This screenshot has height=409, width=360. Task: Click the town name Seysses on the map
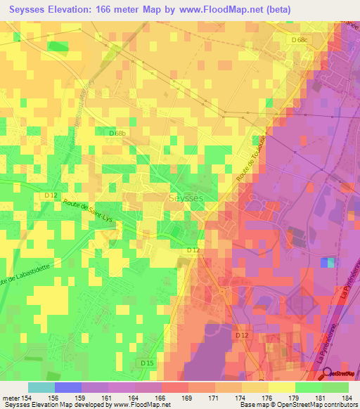point(186,199)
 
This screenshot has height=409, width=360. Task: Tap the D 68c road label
point(300,39)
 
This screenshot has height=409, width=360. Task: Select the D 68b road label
point(117,132)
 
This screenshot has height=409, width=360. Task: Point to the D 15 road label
point(146,362)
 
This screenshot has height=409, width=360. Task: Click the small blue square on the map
point(328,262)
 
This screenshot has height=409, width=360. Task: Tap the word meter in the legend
point(13,397)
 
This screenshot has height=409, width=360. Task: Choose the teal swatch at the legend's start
point(41,387)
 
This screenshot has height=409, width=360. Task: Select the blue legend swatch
point(67,387)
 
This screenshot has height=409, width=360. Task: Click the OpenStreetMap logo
point(339,373)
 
